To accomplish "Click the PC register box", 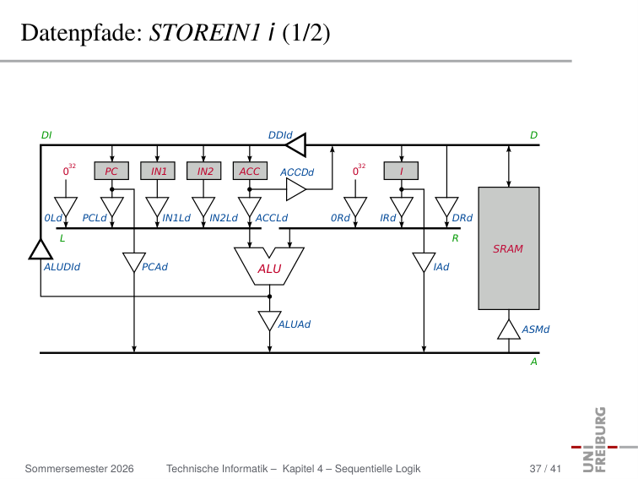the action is pyautogui.click(x=111, y=171).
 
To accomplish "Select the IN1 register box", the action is pyautogui.click(x=158, y=171).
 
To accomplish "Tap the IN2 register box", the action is pyautogui.click(x=204, y=171).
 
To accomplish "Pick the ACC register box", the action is pyautogui.click(x=250, y=171).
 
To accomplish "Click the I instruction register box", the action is pyautogui.click(x=401, y=171).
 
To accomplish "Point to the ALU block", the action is pyautogui.click(x=269, y=266).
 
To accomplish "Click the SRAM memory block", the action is pyautogui.click(x=509, y=248).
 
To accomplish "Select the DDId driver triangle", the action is pyautogui.click(x=296, y=145).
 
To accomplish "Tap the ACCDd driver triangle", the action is pyautogui.click(x=296, y=189).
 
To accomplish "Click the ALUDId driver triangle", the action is pyautogui.click(x=41, y=249).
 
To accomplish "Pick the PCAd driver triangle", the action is pyautogui.click(x=134, y=263).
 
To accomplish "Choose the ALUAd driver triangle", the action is pyautogui.click(x=269, y=321).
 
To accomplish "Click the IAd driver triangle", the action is pyautogui.click(x=424, y=263).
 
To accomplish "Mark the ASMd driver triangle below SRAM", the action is pyautogui.click(x=509, y=329).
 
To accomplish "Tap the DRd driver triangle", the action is pyautogui.click(x=446, y=207).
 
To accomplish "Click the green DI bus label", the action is pyautogui.click(x=46, y=135).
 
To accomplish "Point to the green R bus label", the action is pyautogui.click(x=456, y=238).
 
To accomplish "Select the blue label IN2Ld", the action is pyautogui.click(x=224, y=218).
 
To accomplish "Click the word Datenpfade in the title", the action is pyautogui.click(x=81, y=33).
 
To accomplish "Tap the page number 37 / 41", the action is pyautogui.click(x=545, y=469).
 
